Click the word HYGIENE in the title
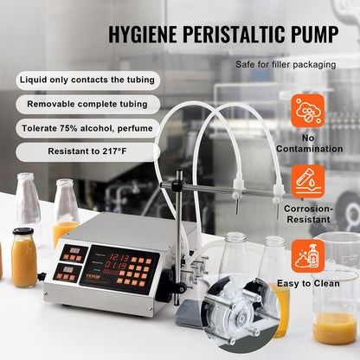(x=150, y=35)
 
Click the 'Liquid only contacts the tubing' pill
(x=87, y=80)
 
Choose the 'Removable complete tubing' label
(x=87, y=104)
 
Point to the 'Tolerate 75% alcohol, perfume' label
(x=87, y=127)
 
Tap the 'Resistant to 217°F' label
(x=87, y=151)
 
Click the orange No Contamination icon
(x=308, y=111)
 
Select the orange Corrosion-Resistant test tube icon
(x=308, y=183)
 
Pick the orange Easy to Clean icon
(x=308, y=254)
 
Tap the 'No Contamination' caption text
(x=308, y=143)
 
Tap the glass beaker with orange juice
(x=335, y=294)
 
